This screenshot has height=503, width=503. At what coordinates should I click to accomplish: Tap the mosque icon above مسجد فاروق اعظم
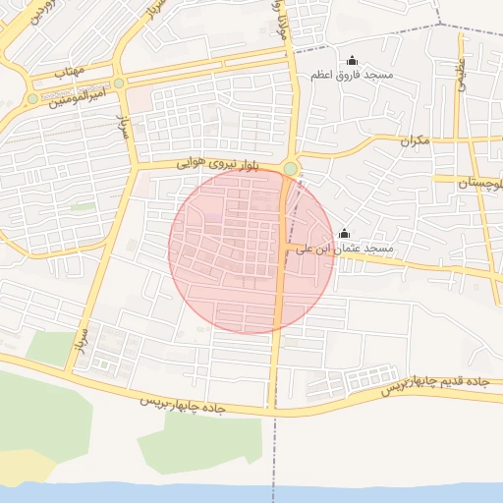pyautogui.click(x=353, y=61)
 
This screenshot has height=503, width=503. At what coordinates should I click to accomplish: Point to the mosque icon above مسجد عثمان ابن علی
pyautogui.click(x=344, y=234)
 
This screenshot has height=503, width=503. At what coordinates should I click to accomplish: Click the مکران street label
pyautogui.click(x=416, y=140)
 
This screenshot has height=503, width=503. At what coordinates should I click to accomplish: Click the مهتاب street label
pyautogui.click(x=71, y=72)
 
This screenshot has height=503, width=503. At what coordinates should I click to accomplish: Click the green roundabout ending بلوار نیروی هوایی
pyautogui.click(x=291, y=169)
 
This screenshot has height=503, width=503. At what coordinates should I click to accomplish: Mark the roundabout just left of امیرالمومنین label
pyautogui.click(x=33, y=99)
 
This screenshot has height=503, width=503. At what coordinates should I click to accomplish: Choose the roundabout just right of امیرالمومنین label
pyautogui.click(x=119, y=84)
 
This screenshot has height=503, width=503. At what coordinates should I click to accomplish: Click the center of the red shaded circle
pyautogui.click(x=251, y=250)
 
